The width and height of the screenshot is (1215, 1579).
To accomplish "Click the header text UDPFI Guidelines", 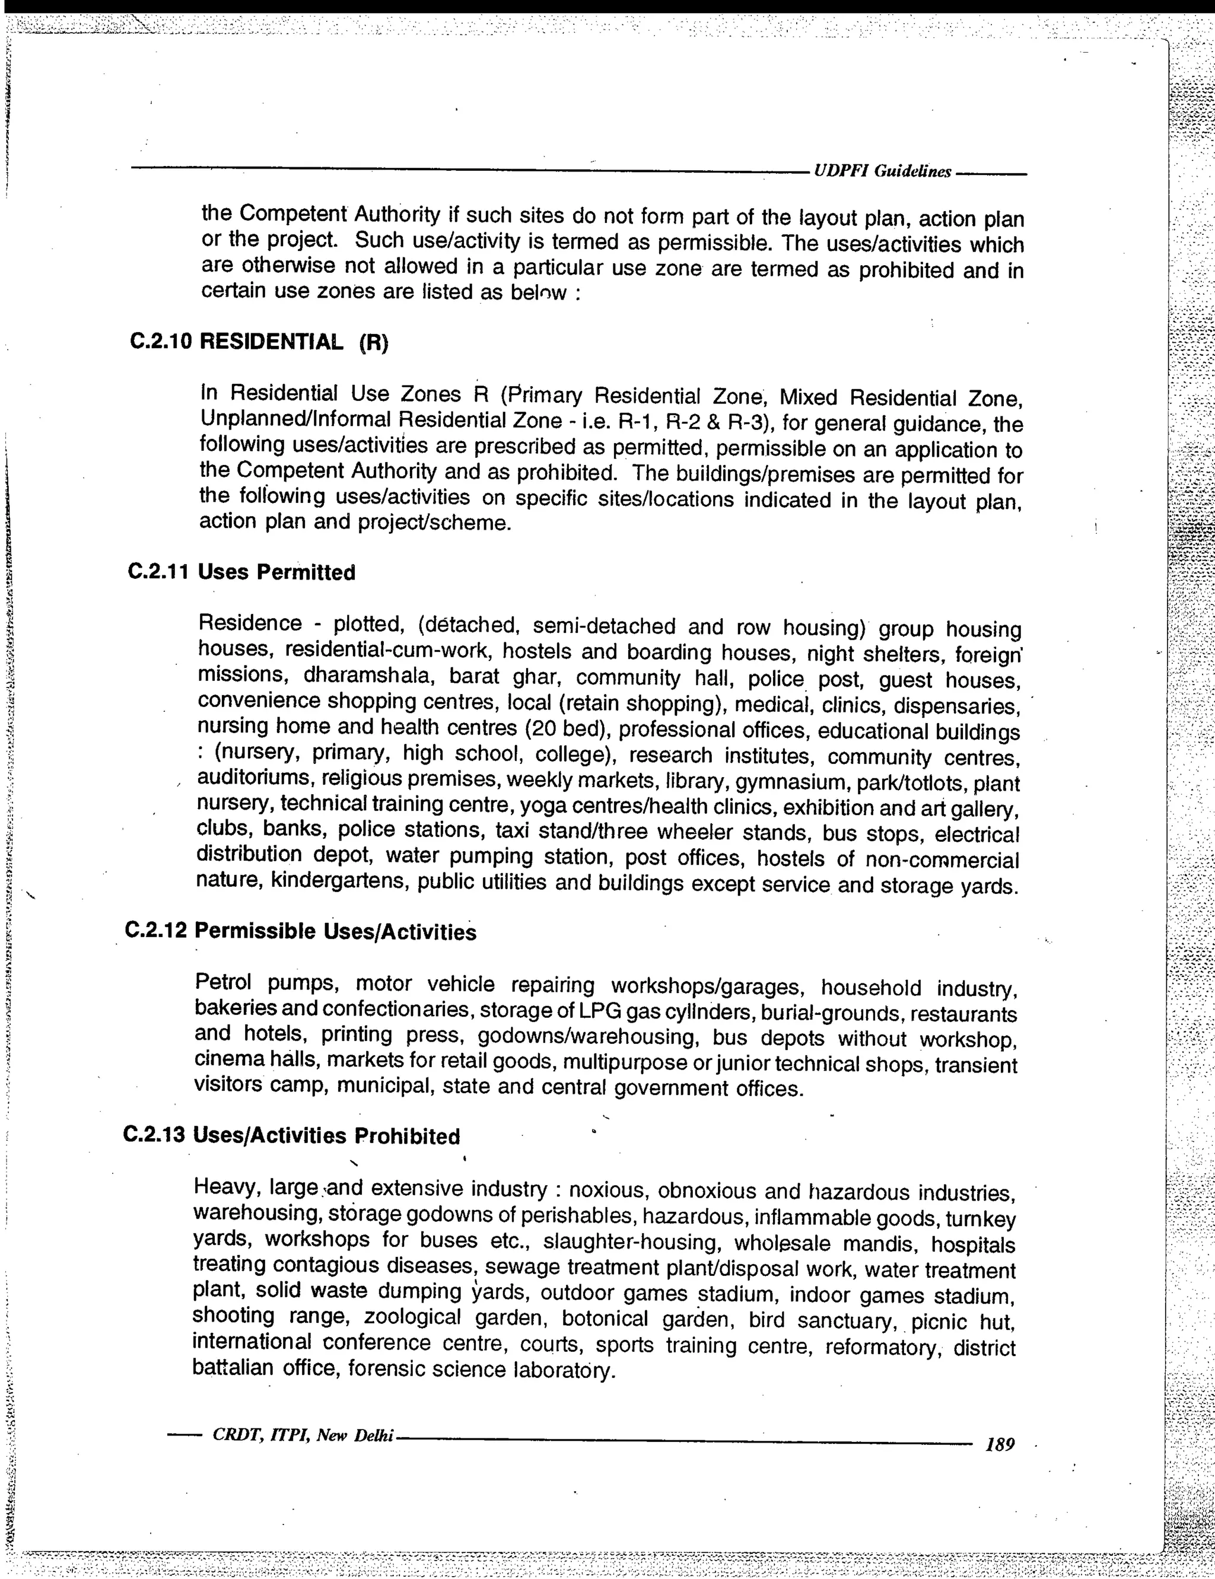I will (x=882, y=171).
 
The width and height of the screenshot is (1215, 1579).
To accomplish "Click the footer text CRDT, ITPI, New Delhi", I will (x=303, y=1435).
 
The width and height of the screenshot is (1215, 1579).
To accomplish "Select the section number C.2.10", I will (x=161, y=341).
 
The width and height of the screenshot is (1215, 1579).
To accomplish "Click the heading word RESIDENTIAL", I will (x=271, y=341).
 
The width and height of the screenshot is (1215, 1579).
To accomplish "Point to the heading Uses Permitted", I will (x=276, y=572).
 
